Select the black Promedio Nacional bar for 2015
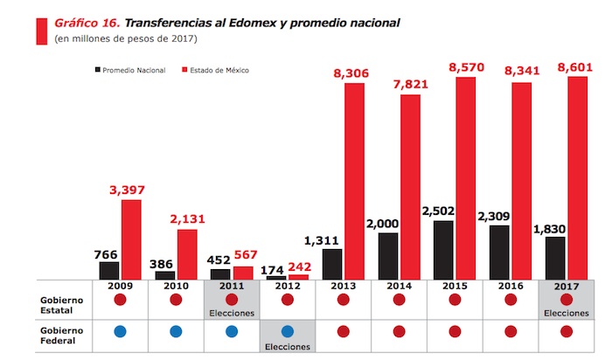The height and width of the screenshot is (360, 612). click(x=444, y=250)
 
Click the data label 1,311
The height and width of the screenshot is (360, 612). click(x=332, y=239)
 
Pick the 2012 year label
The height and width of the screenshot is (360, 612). click(x=287, y=287)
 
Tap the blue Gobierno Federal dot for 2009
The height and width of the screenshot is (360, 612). click(x=120, y=331)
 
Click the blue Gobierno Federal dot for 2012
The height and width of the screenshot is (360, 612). click(x=287, y=331)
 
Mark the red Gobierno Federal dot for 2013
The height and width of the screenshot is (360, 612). click(x=343, y=331)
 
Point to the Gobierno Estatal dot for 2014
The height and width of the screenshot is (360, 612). click(x=399, y=299)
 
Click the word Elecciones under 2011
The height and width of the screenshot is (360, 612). click(x=231, y=312)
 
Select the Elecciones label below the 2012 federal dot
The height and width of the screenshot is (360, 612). click(x=287, y=345)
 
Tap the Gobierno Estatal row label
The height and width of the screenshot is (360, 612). click(x=64, y=303)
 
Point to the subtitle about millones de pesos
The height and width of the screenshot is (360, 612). click(x=126, y=39)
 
